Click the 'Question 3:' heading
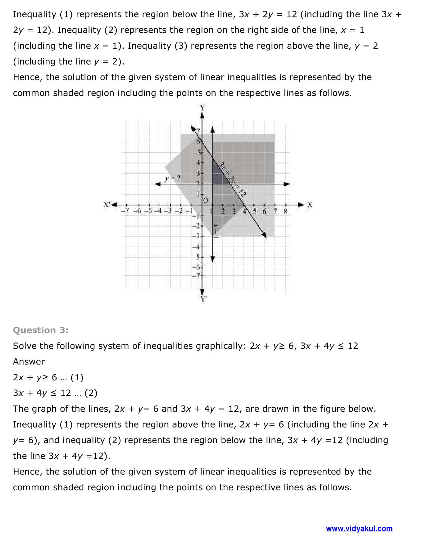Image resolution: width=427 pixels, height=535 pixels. pos(41,330)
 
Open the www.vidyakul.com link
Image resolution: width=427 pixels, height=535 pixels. pos(359,528)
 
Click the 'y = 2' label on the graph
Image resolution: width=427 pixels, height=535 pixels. pos(173,178)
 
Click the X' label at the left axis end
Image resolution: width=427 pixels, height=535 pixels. pos(107,205)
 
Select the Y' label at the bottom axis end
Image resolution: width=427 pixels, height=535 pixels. pos(203,299)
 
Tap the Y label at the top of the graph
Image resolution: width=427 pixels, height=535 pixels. pos(202,108)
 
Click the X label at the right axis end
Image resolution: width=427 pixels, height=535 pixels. pos(309,205)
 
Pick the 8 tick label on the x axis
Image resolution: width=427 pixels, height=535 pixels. pos(285,212)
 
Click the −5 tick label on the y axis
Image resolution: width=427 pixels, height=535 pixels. pos(196,257)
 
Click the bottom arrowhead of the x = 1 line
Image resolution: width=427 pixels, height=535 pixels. pos(213,259)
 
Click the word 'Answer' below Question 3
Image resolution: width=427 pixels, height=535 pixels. pos(29,362)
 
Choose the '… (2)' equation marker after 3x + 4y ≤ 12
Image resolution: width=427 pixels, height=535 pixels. pos(86,393)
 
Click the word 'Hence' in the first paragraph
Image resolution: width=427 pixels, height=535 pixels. pos(27,77)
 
